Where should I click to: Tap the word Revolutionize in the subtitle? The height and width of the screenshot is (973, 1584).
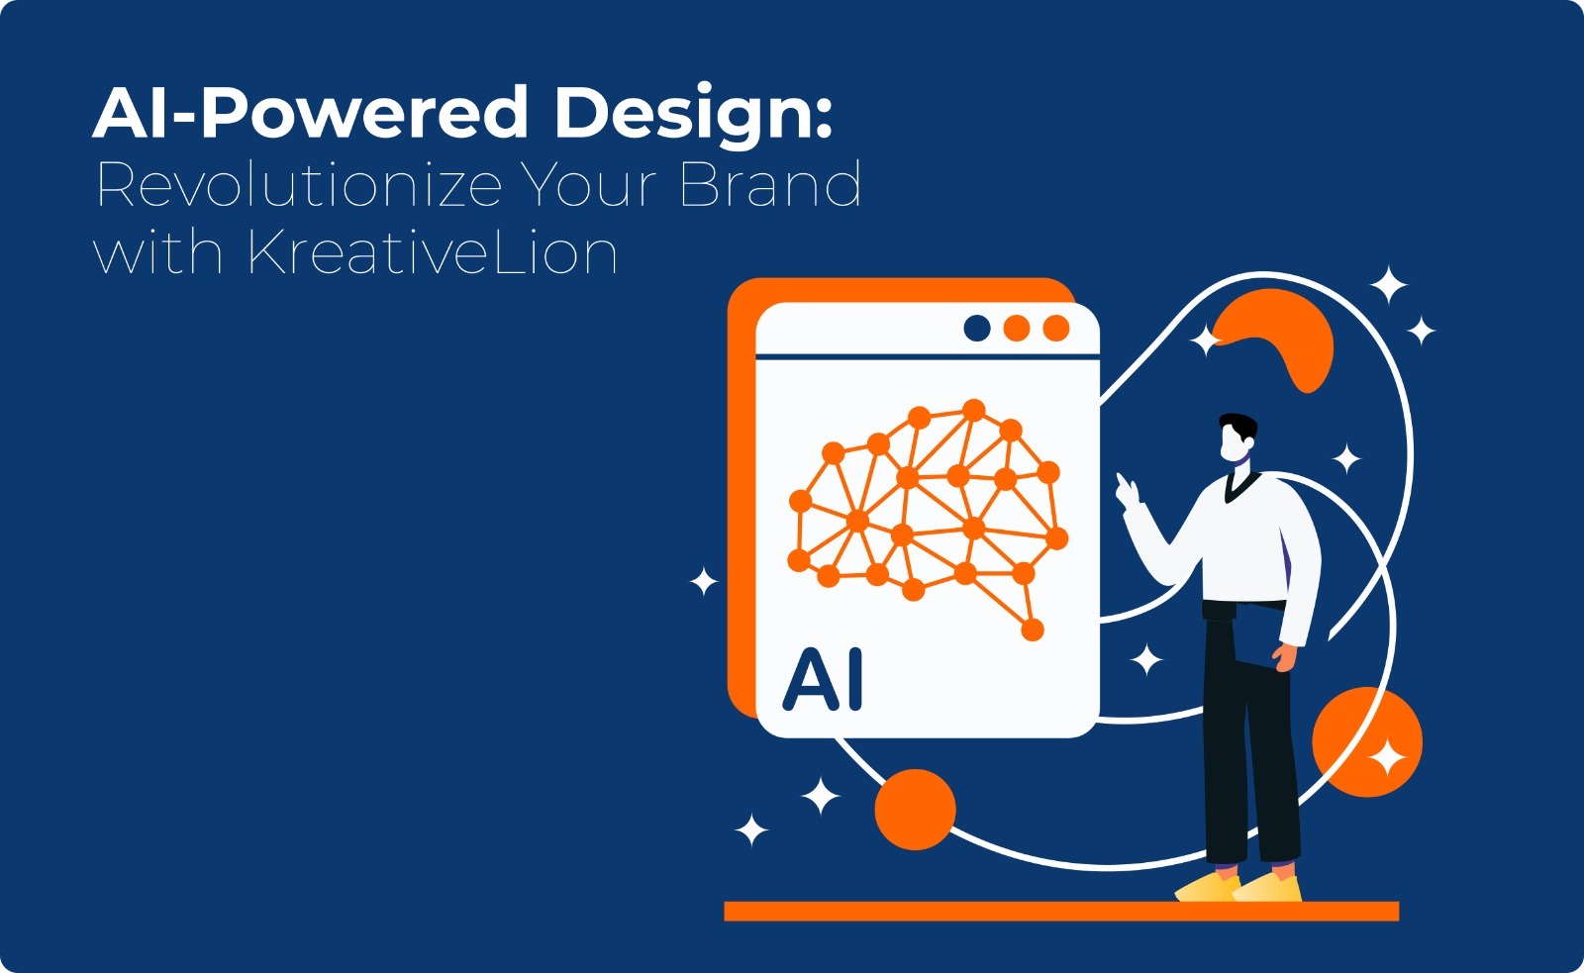click(299, 184)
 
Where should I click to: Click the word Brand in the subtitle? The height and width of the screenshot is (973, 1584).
click(769, 184)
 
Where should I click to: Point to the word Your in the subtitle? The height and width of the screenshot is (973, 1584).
click(590, 184)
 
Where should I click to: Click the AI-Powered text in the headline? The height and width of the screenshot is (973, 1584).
click(311, 112)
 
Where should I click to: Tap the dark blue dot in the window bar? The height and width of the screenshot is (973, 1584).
click(976, 328)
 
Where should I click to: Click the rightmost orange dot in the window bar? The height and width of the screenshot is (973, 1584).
click(1055, 328)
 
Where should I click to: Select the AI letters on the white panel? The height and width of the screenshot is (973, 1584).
click(823, 680)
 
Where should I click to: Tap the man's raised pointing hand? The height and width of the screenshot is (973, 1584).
click(1128, 489)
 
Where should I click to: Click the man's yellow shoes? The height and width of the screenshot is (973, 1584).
click(1238, 887)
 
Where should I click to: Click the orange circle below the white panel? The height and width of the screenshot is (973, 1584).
click(915, 809)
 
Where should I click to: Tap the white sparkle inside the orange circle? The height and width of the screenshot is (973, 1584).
click(1387, 758)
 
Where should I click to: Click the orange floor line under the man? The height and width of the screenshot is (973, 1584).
click(1061, 912)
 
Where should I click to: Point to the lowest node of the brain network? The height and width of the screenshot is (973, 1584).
click(1033, 630)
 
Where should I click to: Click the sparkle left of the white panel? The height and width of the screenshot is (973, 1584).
click(704, 581)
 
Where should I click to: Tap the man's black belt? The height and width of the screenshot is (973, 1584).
click(1244, 607)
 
